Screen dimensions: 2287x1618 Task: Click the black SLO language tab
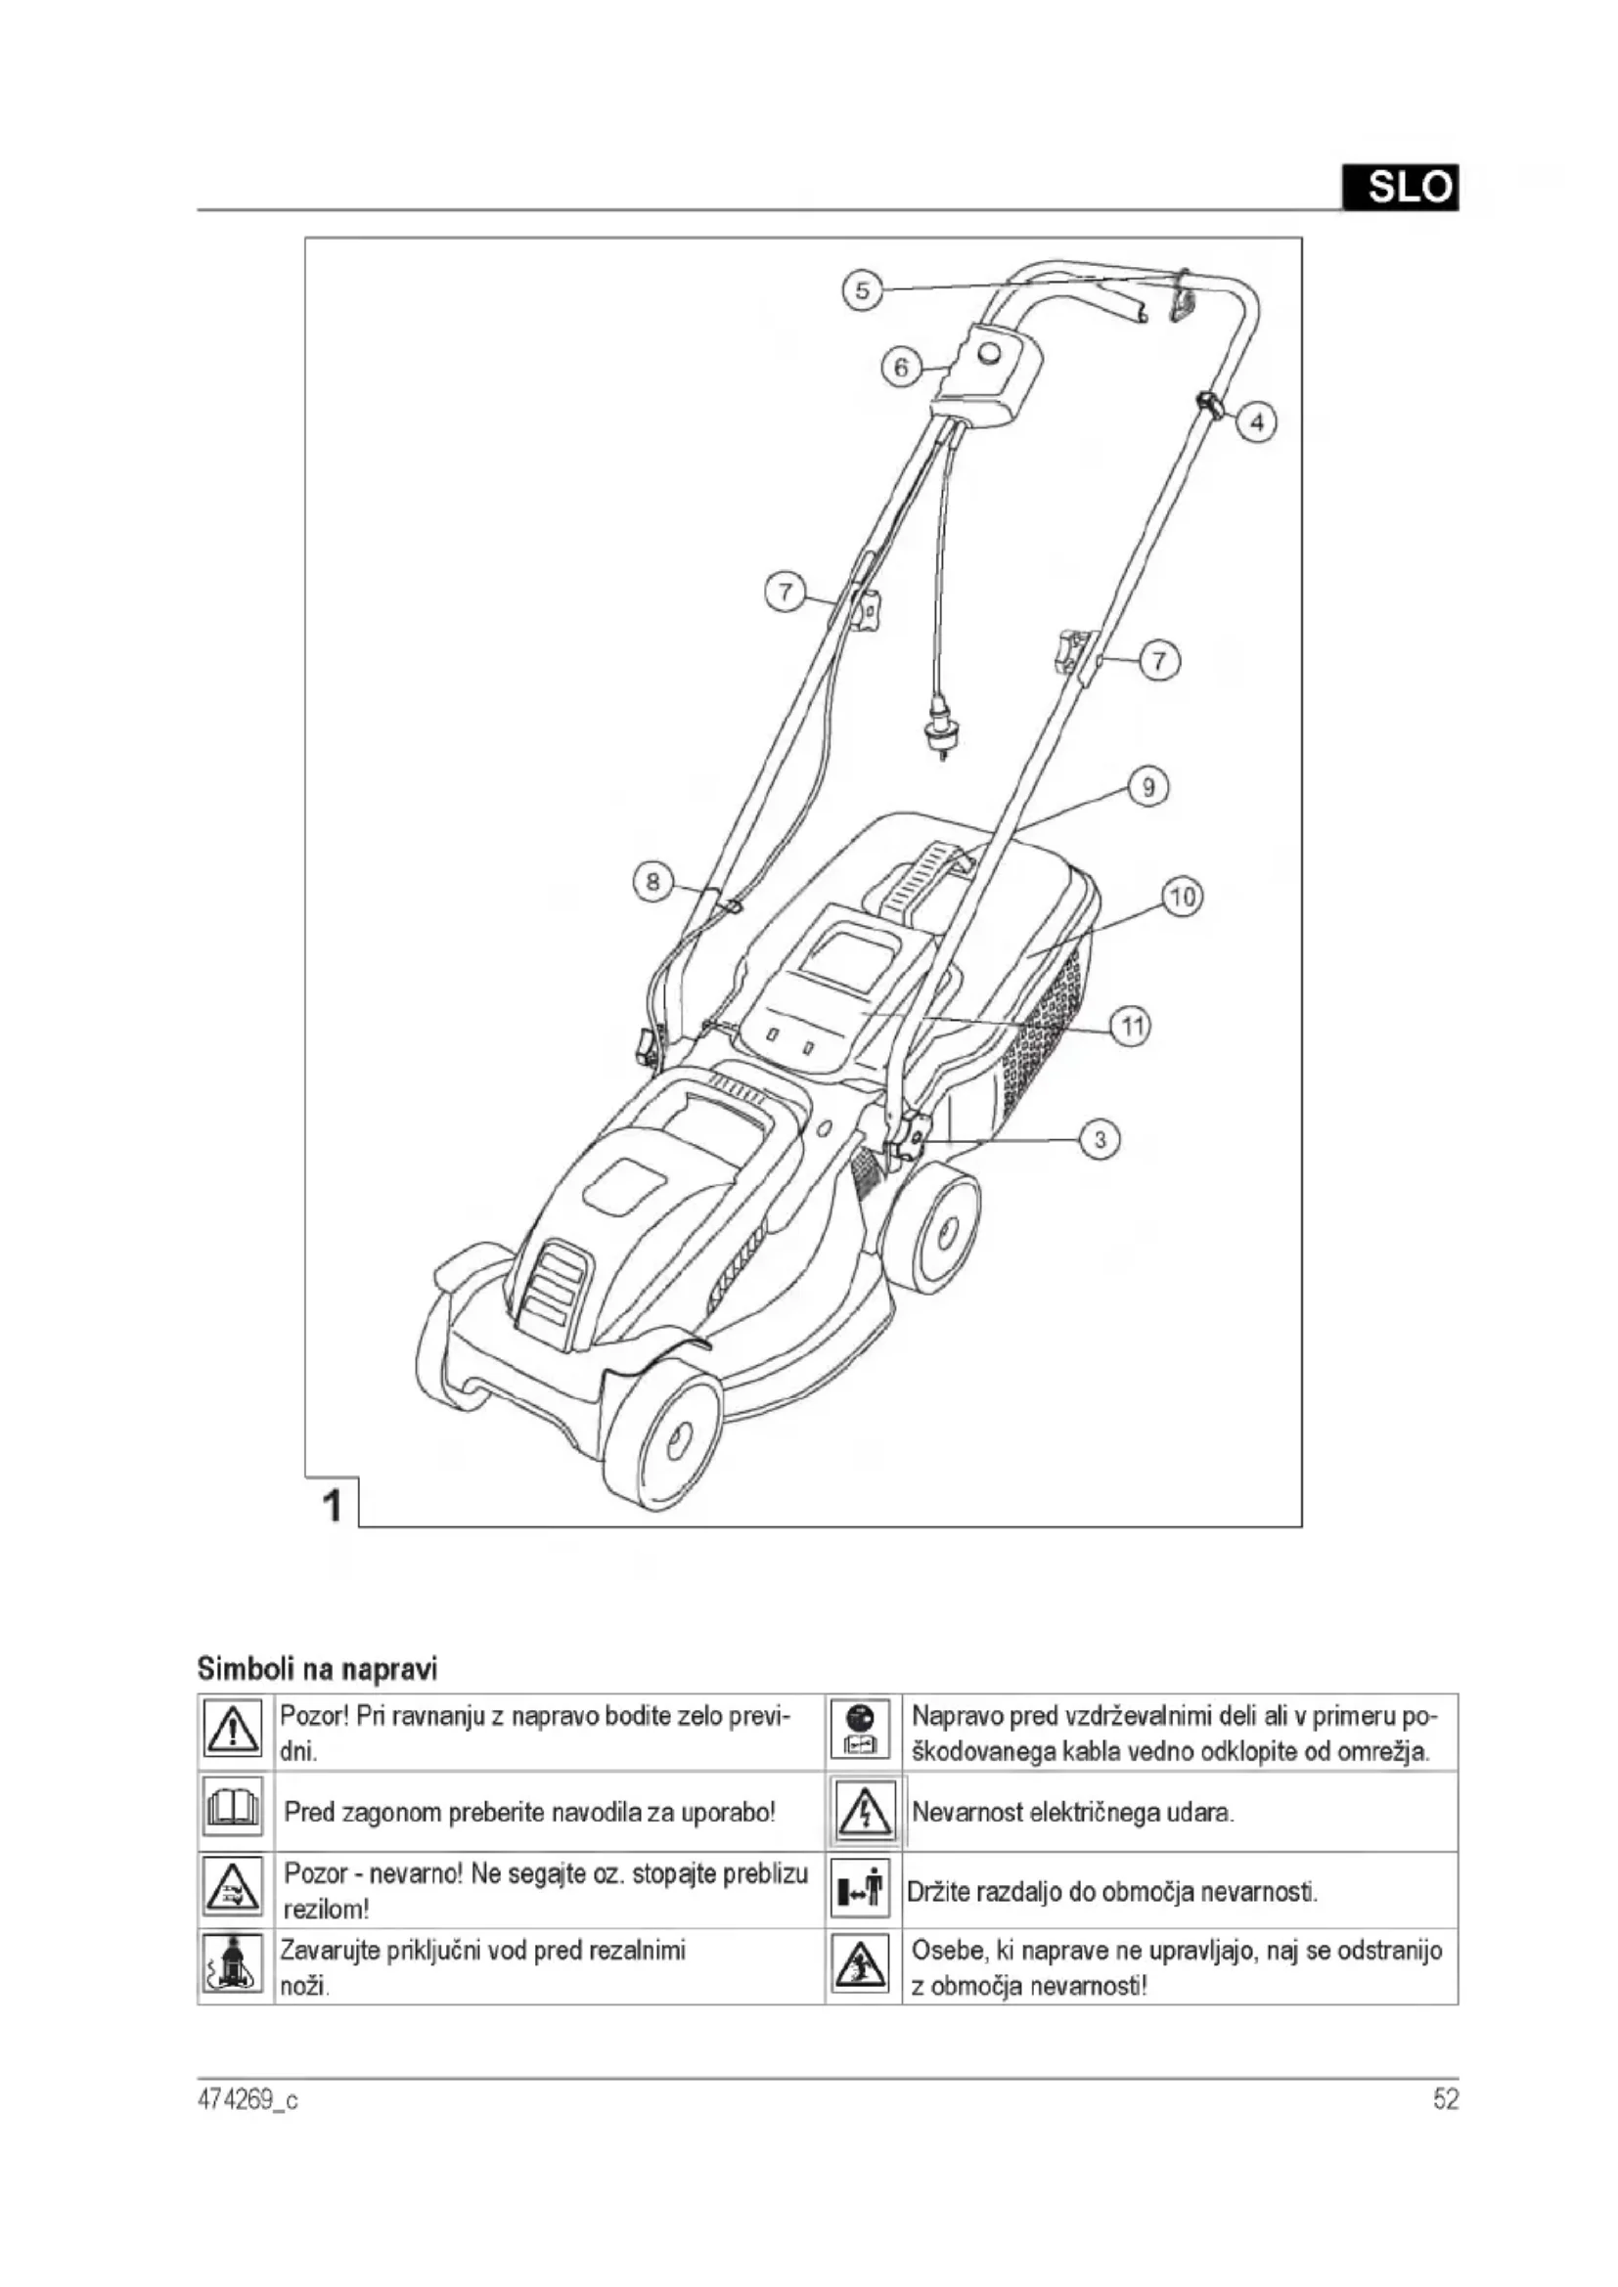click(x=1400, y=188)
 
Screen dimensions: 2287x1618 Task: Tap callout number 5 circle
click(x=862, y=290)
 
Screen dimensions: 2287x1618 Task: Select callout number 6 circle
click(x=901, y=368)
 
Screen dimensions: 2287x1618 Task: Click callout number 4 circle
click(x=1257, y=422)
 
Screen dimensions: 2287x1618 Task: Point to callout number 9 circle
click(x=1148, y=787)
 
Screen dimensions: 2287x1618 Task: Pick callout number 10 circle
click(x=1183, y=897)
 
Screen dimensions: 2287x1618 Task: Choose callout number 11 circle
click(x=1131, y=1026)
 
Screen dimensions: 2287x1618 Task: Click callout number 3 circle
click(x=1100, y=1138)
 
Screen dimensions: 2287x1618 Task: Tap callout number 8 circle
click(x=652, y=882)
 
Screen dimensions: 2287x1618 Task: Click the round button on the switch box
click(x=989, y=353)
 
